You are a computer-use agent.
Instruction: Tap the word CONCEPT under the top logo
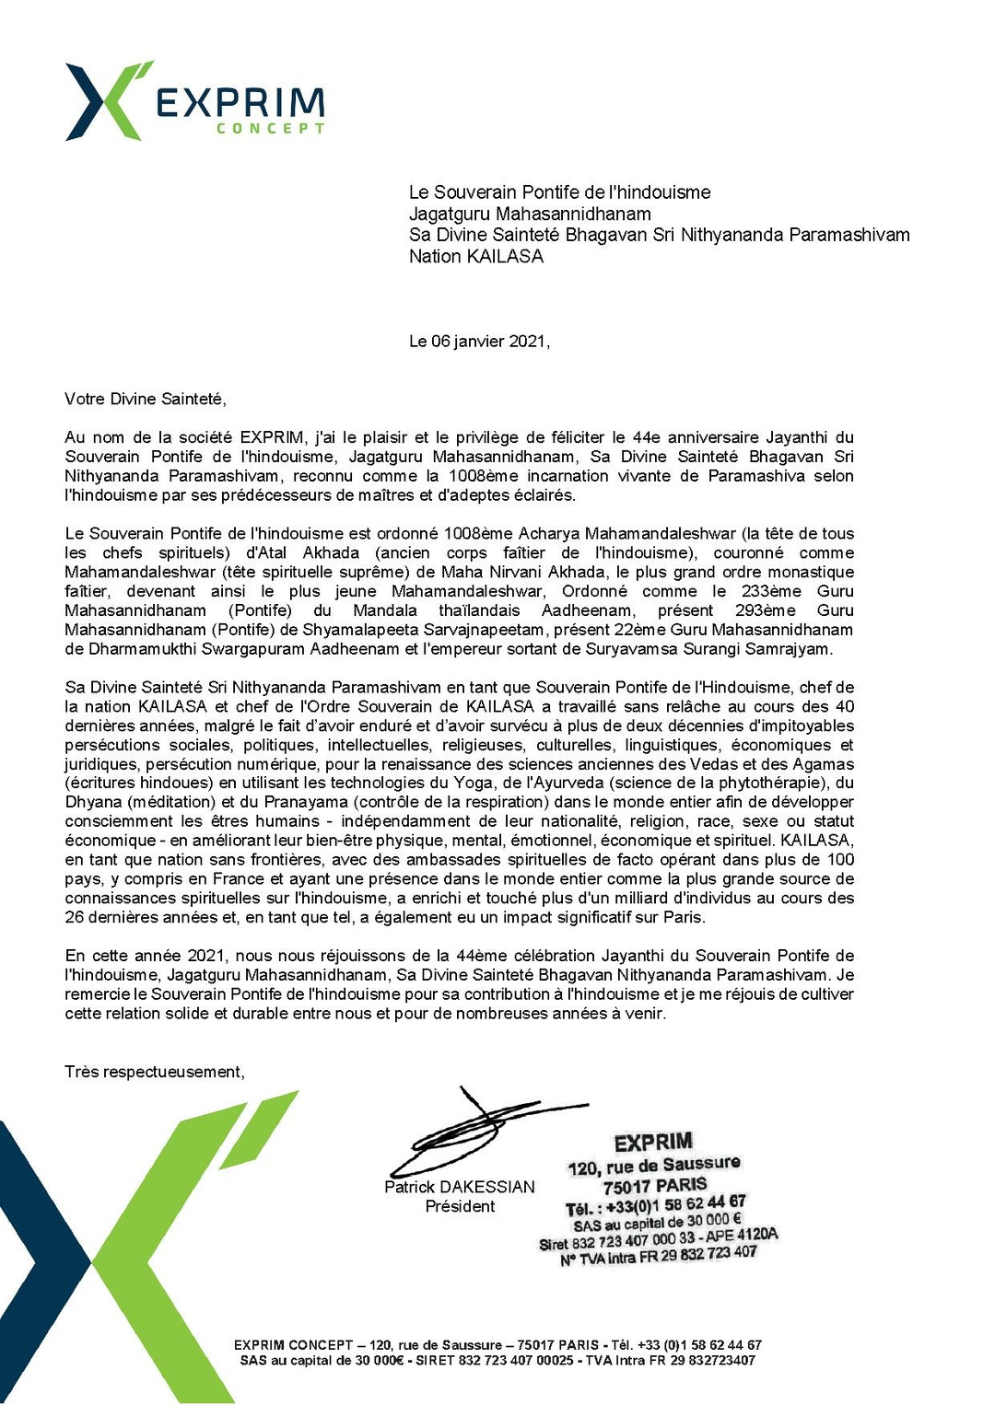coord(270,129)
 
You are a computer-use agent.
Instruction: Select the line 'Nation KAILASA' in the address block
coord(475,257)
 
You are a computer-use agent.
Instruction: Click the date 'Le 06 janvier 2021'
coord(478,342)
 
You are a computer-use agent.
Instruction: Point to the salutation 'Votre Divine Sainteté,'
coord(145,399)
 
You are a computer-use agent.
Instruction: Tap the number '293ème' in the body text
coord(766,610)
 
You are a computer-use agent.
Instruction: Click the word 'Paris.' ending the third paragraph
coord(683,917)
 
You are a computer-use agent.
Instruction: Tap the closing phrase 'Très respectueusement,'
coord(155,1072)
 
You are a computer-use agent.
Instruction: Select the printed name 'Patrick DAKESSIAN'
coord(459,1187)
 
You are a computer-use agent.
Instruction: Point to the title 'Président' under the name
coord(460,1206)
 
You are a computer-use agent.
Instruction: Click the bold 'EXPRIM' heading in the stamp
coord(653,1143)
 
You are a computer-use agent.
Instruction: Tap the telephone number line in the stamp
coord(656,1204)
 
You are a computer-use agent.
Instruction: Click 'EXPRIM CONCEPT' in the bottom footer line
coord(293,1345)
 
